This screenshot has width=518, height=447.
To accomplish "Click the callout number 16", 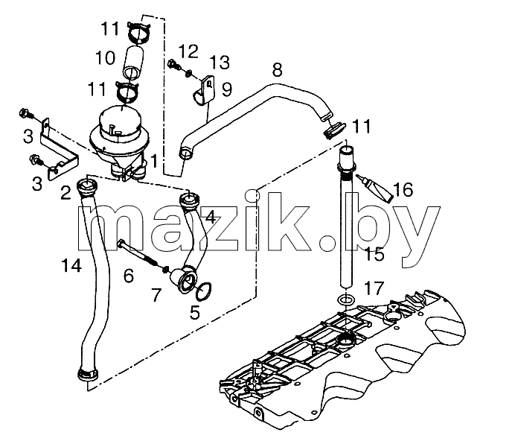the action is [x=403, y=190].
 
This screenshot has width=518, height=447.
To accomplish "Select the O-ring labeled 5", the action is [x=204, y=291].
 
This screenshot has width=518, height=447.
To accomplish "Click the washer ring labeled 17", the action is [x=346, y=300].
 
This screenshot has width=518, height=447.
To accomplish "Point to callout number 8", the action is [x=278, y=70].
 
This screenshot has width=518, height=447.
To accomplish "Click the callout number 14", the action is [x=71, y=265].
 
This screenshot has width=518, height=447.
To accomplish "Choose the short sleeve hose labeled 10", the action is [x=132, y=63].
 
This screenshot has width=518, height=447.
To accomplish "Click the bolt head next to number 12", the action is [x=173, y=63].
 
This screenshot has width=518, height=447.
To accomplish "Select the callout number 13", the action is [x=220, y=62].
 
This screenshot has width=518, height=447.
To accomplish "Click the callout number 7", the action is [x=156, y=295].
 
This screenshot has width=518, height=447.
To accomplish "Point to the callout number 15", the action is [x=374, y=255].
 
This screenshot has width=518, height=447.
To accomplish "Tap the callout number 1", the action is [x=154, y=161].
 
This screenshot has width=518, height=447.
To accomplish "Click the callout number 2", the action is [x=65, y=193].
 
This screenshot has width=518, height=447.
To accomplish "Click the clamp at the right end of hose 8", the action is [x=333, y=130].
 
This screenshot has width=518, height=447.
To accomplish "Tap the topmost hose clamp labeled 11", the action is [x=139, y=31].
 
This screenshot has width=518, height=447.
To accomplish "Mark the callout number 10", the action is [x=106, y=57].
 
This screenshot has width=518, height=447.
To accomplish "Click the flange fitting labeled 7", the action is [x=182, y=279].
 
